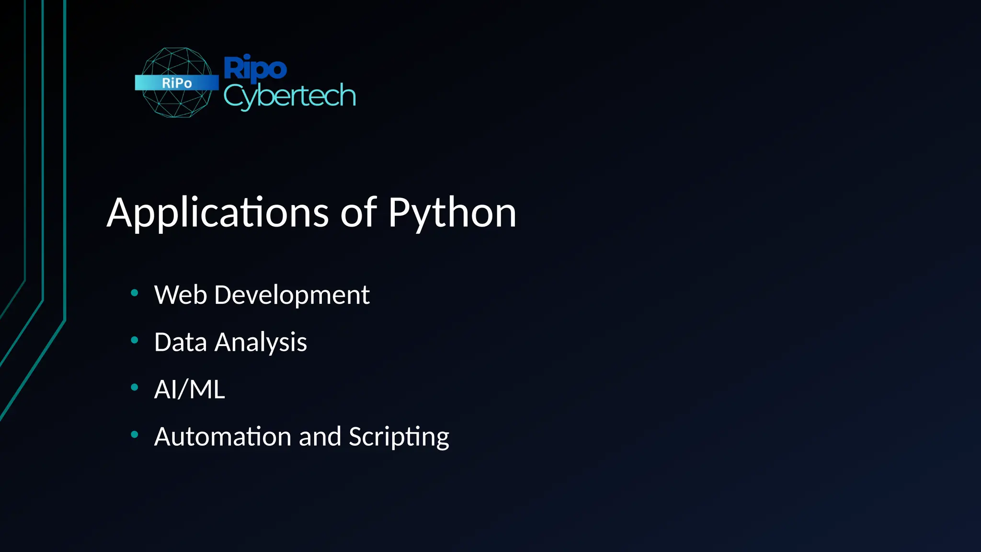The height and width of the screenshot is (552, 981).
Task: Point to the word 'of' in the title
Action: click(358, 212)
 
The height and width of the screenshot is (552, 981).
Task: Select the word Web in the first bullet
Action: click(180, 295)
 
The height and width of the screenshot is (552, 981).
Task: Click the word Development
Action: click(292, 295)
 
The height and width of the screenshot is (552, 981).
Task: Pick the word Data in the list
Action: click(180, 342)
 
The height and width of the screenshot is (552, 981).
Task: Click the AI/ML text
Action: click(189, 389)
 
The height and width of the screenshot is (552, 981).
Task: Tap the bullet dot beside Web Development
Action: click(135, 292)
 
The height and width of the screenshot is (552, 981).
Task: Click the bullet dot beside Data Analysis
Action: click(135, 340)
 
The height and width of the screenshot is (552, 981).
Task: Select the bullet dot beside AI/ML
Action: click(135, 387)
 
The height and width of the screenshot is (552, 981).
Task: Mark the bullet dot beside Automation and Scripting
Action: click(135, 434)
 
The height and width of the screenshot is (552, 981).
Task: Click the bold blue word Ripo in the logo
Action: click(255, 68)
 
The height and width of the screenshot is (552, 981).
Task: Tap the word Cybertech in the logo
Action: click(289, 96)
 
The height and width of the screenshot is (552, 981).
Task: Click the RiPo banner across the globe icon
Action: click(176, 83)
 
